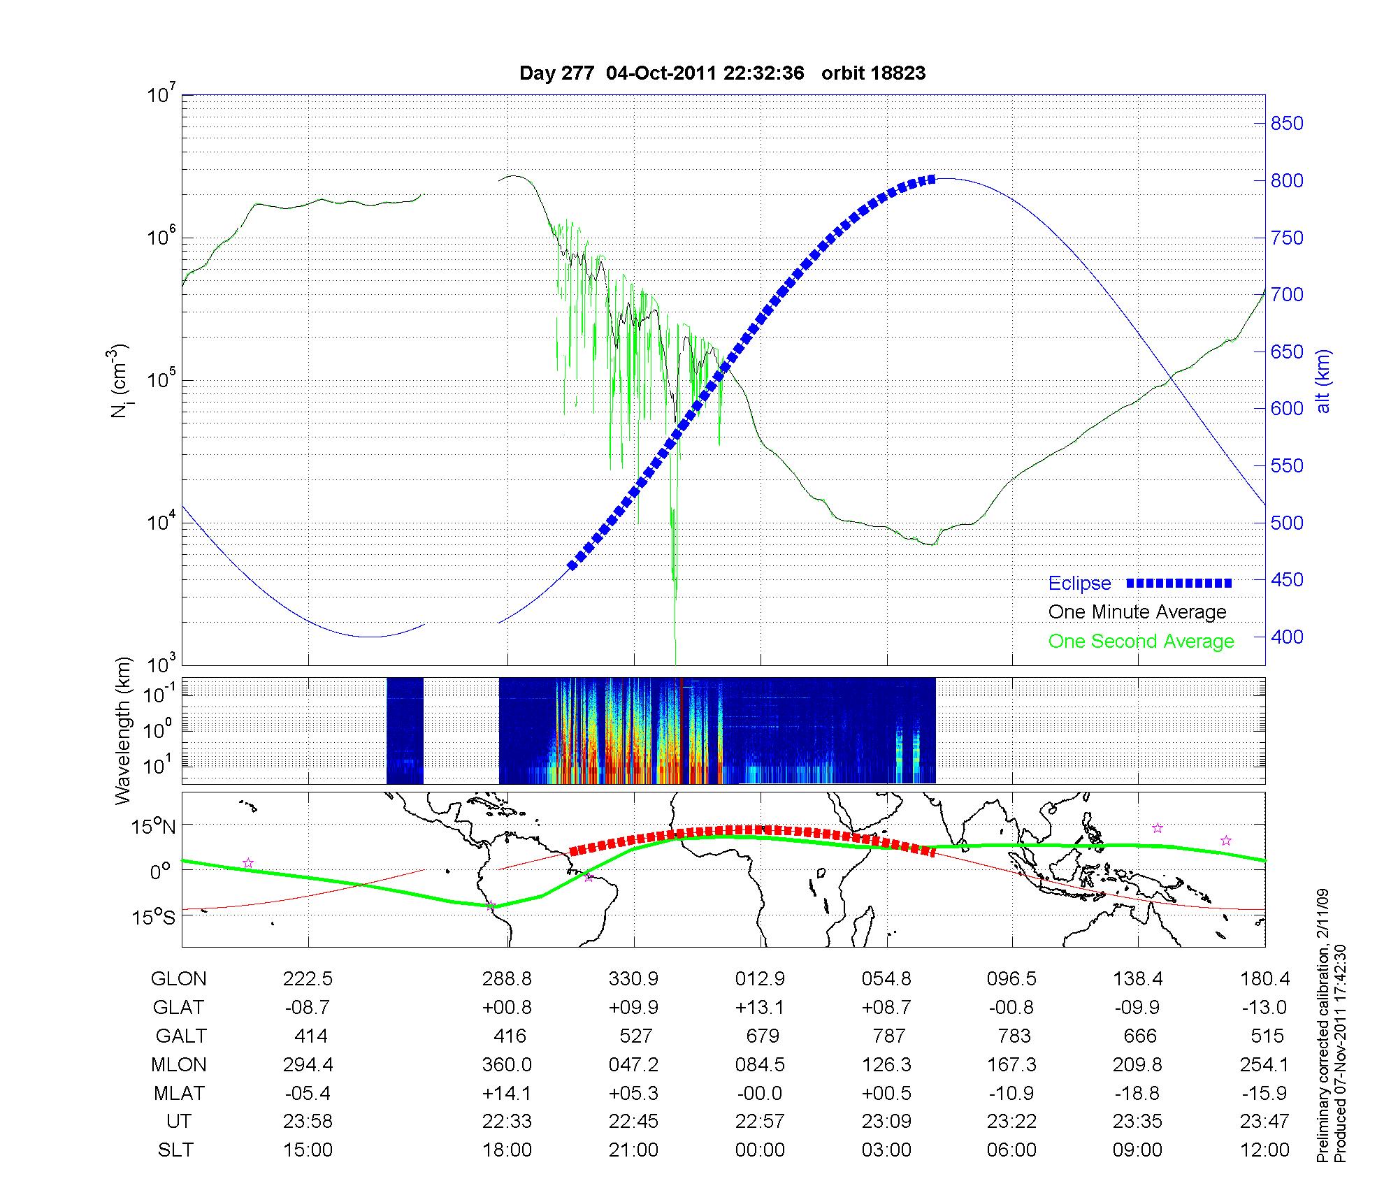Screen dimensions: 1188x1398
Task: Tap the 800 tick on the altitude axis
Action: (1287, 181)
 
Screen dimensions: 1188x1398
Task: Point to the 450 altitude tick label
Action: (1287, 580)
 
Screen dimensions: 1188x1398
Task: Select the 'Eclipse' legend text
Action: (1079, 584)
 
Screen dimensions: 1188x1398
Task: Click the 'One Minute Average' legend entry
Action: (1137, 612)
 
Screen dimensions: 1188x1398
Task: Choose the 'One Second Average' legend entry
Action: (1141, 642)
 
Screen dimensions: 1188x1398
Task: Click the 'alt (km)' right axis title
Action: (1323, 381)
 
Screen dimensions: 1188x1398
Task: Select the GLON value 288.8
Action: (507, 979)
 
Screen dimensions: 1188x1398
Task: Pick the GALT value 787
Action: (888, 1036)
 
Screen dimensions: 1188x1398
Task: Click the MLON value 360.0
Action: (507, 1064)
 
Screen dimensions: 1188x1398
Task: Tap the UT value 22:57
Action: (760, 1121)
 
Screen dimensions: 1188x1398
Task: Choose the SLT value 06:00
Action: (1012, 1150)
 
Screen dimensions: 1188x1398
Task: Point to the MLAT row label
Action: (179, 1093)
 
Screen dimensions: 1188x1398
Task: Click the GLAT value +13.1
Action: (760, 1008)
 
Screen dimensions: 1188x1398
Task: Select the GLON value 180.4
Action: (1265, 979)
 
